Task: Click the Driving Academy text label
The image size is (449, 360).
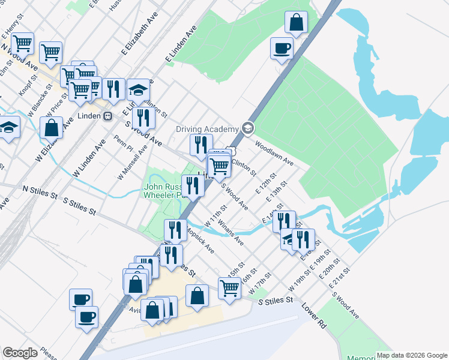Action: [x=207, y=129]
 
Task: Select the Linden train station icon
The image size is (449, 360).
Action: [x=107, y=116]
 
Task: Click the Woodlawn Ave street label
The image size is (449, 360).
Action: [x=273, y=153]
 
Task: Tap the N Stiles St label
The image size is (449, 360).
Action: [x=40, y=191]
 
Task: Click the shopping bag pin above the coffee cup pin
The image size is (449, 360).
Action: [x=296, y=23]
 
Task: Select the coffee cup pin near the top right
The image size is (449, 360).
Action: [x=281, y=48]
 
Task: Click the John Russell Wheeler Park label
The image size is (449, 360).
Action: [x=162, y=190]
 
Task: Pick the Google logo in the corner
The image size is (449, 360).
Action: [x=20, y=353]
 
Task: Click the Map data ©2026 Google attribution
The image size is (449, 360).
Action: [x=411, y=355]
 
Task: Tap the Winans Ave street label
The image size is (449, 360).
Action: [x=231, y=233]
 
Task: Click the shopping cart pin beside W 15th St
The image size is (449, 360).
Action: [x=229, y=289]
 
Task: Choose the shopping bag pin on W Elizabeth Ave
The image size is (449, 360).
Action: [x=52, y=128]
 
